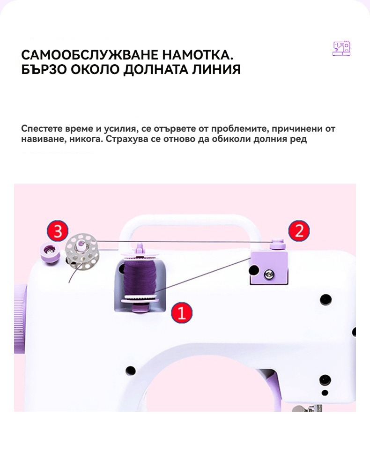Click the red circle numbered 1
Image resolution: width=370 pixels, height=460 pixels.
(182, 313)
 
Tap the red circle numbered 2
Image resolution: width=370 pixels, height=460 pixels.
(299, 231)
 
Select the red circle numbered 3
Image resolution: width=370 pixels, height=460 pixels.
(58, 231)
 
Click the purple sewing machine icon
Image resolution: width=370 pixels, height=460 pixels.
(341, 48)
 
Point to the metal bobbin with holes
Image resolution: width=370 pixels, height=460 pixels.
(82, 251)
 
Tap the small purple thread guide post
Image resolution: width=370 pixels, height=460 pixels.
(278, 244)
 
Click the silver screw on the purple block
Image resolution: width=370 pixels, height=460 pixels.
(268, 275)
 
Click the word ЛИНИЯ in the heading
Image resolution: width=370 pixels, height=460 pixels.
(216, 69)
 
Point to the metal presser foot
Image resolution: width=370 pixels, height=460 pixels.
(308, 408)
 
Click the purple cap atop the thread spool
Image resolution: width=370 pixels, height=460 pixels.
(140, 251)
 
